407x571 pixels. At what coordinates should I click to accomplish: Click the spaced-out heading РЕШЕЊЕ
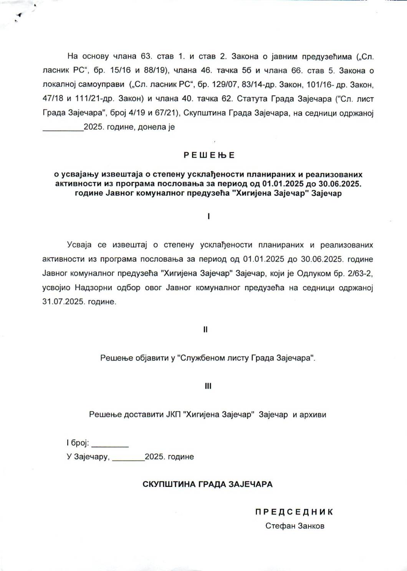pos(209,155)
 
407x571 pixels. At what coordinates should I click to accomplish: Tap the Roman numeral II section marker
pos(205,329)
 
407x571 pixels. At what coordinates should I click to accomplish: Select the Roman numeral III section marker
pos(208,386)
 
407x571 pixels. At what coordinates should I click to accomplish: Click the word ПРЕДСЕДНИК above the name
pos(294,512)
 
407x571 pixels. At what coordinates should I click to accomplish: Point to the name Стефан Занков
pos(294,526)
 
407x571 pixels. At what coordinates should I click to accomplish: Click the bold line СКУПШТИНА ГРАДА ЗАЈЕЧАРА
pos(207,484)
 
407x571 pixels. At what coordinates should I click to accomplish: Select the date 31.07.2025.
pos(63,302)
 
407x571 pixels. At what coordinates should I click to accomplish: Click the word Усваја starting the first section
pos(79,245)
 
